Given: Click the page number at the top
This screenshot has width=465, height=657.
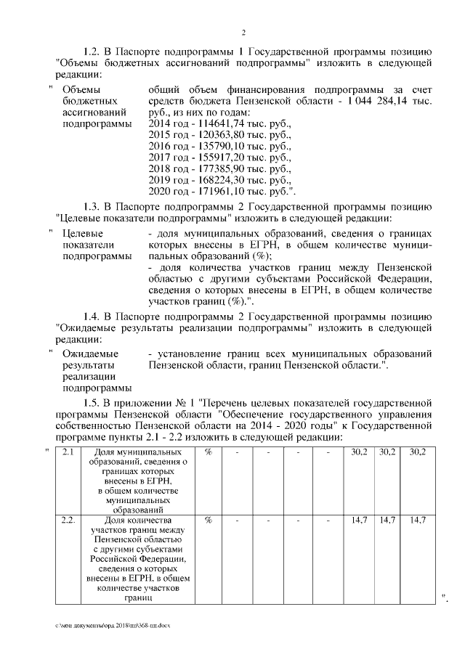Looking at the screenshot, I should click(x=243, y=32).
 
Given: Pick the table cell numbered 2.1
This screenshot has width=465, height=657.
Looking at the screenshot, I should click(x=68, y=452).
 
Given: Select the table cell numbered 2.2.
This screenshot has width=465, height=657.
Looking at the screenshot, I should click(x=68, y=521).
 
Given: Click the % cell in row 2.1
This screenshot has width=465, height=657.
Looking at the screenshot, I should click(x=209, y=452).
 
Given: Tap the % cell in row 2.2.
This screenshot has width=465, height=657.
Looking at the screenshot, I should click(x=209, y=521).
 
